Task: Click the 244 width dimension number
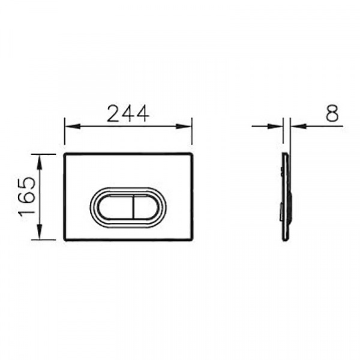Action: pos(128,113)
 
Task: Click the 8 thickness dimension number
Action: pos(332,113)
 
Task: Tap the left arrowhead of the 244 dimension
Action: pos(73,126)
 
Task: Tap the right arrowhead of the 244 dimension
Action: pos(184,126)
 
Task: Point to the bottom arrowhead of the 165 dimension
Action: pos(40,232)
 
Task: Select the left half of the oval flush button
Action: pos(116,206)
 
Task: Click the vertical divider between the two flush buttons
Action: pos(133,206)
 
